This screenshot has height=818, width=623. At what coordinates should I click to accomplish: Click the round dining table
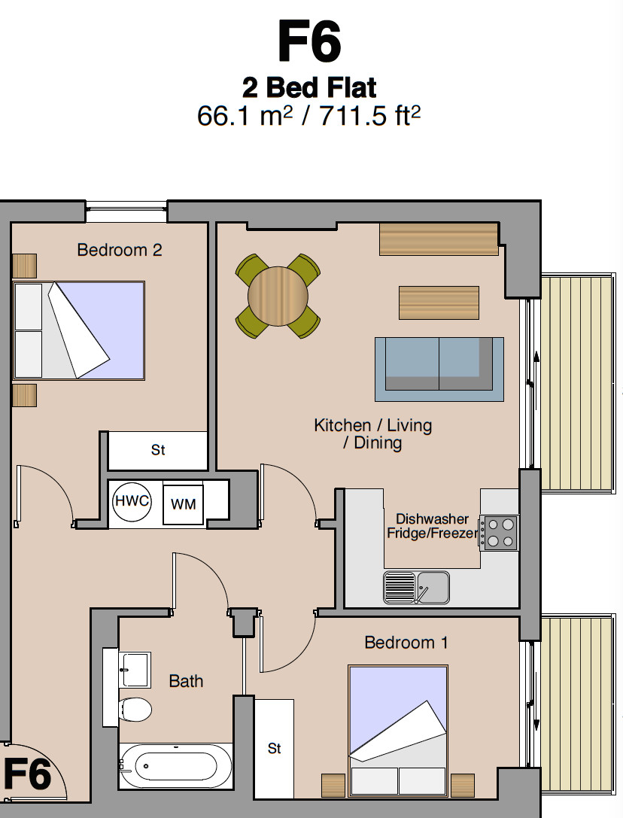278,296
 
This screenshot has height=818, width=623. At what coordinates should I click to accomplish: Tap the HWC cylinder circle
132,501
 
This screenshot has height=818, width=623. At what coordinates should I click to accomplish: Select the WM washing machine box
183,503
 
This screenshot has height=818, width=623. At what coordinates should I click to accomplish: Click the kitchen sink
416,588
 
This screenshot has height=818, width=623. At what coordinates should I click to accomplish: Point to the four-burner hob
499,533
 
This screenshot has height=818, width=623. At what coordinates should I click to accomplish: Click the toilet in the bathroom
135,710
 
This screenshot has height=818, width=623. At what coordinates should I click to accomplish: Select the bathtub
176,766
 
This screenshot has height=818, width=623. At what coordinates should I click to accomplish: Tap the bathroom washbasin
135,670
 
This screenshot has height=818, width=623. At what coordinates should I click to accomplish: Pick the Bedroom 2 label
120,250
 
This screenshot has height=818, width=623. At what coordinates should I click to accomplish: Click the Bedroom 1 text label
406,642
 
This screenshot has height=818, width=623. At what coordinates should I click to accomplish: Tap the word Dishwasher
432,519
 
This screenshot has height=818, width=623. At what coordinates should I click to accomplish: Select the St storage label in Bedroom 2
158,450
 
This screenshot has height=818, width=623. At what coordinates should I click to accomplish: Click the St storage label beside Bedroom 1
275,749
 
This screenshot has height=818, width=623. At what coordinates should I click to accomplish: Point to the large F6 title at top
309,41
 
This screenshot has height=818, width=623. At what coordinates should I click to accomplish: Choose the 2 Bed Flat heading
309,87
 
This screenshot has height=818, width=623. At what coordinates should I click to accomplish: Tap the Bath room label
186,681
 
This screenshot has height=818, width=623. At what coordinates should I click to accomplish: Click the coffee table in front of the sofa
439,303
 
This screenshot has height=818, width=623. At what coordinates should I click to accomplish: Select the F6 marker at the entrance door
27,774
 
